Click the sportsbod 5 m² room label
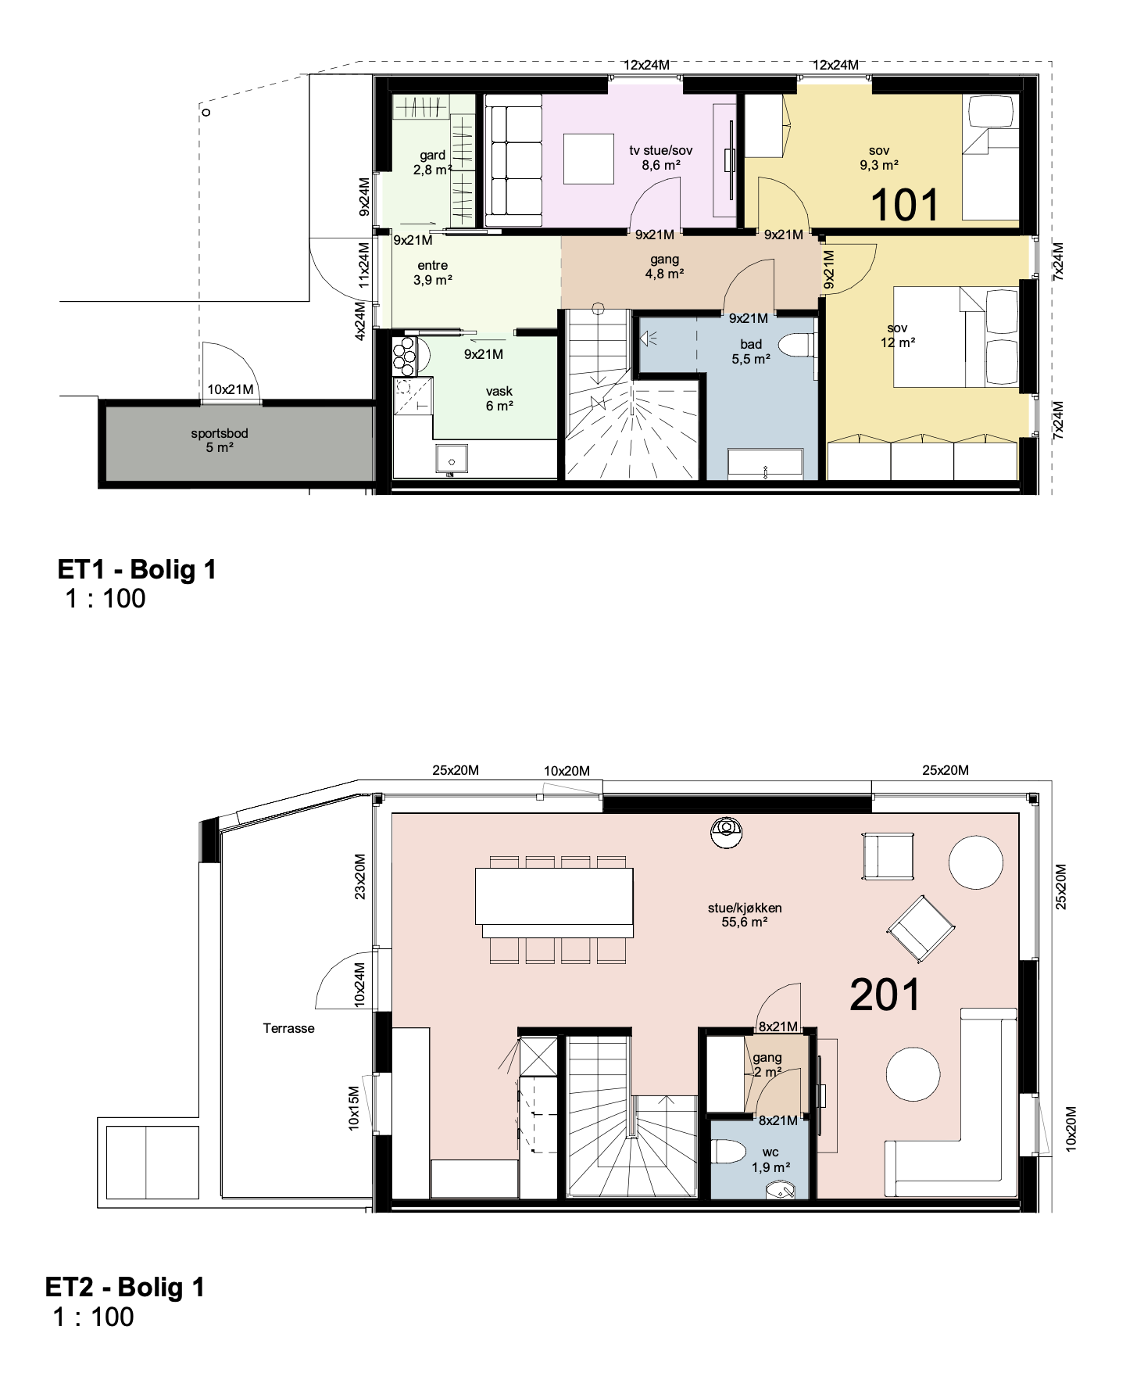click(220, 440)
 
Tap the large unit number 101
click(904, 205)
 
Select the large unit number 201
click(885, 995)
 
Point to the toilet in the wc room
click(729, 1151)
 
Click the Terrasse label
click(288, 1028)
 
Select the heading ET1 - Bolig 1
click(137, 569)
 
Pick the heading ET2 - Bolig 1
click(125, 1287)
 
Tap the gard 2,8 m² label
click(433, 163)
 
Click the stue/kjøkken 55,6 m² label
click(745, 915)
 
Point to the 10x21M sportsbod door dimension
click(231, 389)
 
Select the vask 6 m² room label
click(499, 399)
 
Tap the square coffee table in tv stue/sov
click(588, 159)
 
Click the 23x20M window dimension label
click(359, 876)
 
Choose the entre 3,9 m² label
click(433, 273)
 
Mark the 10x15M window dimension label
click(354, 1108)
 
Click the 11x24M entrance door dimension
click(363, 265)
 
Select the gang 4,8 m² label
click(665, 267)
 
